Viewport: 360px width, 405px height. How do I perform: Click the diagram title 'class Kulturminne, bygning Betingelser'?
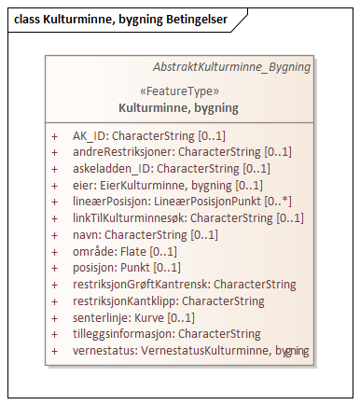[121, 19]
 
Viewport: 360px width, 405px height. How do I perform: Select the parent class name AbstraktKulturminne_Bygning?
[231, 68]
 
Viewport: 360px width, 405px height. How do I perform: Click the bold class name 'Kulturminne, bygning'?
[178, 107]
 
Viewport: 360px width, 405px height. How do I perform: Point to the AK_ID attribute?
[149, 135]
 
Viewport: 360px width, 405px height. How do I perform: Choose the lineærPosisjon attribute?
[183, 202]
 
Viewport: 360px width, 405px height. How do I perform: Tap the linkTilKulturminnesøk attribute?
[188, 218]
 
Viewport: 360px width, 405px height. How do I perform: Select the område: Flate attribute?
[125, 251]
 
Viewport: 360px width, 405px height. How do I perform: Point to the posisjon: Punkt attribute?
[127, 268]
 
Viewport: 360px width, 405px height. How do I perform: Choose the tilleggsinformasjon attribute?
[166, 333]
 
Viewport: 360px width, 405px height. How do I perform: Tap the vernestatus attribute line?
[191, 350]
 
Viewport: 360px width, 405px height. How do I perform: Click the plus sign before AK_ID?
[55, 135]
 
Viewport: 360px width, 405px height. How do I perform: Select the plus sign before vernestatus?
[55, 350]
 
